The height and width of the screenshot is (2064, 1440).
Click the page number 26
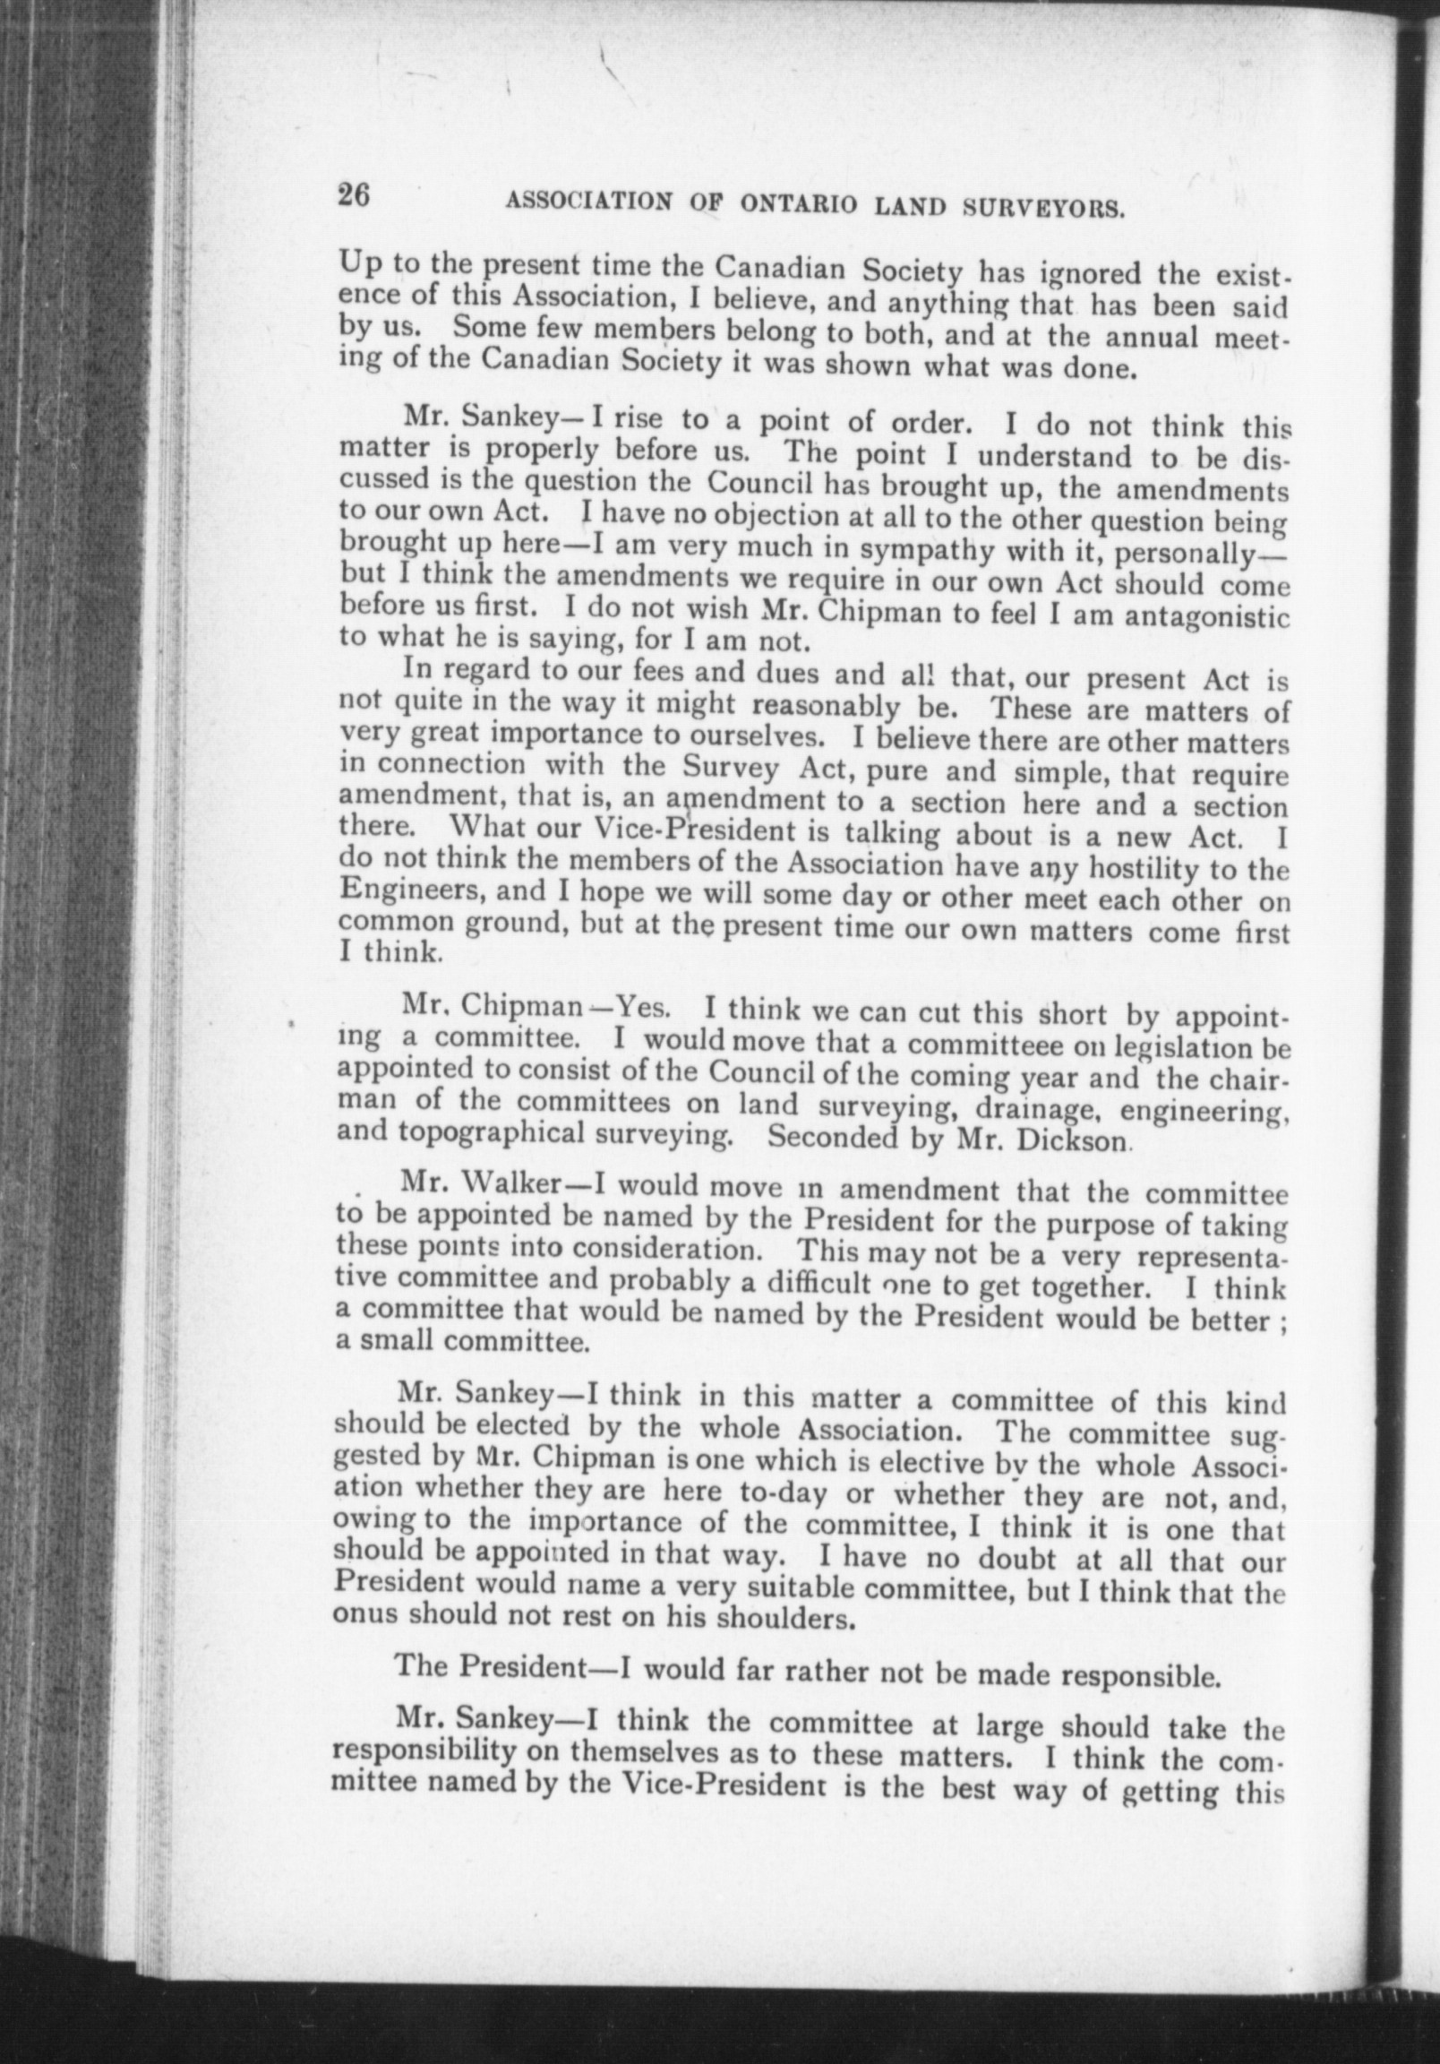(354, 196)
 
